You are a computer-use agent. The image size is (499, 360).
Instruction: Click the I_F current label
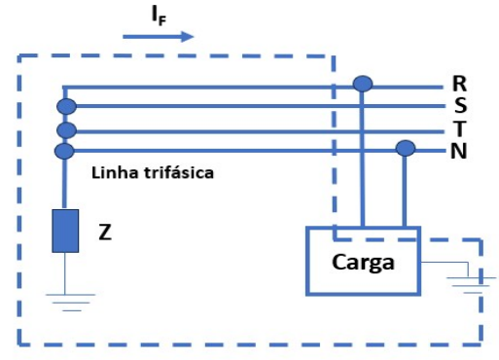tap(159, 16)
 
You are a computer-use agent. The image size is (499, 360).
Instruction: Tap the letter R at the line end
tap(460, 84)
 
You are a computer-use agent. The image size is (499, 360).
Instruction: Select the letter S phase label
tap(460, 105)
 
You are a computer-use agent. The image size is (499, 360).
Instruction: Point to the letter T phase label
tap(460, 128)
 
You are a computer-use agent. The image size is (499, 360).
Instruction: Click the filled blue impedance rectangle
tap(65, 231)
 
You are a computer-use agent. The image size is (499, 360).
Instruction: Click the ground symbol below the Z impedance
tap(65, 297)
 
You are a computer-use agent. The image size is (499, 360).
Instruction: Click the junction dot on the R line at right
tap(362, 85)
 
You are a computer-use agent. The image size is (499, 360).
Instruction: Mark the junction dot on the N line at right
tap(405, 149)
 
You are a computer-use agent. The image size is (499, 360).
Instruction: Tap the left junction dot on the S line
tap(65, 105)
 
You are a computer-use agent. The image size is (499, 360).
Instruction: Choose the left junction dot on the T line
tap(65, 129)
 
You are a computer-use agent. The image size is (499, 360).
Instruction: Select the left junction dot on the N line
tap(65, 150)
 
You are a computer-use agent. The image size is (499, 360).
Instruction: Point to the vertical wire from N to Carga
tap(405, 190)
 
